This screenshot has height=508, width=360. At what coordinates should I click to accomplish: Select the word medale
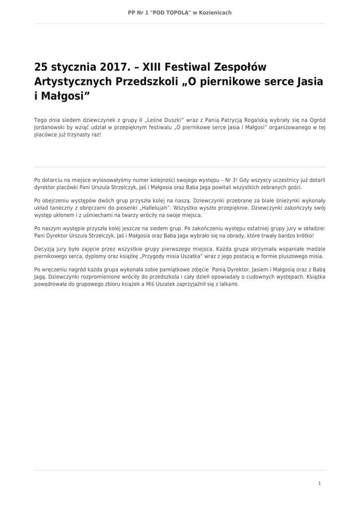(313, 249)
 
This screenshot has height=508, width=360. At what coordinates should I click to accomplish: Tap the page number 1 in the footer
(319, 483)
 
